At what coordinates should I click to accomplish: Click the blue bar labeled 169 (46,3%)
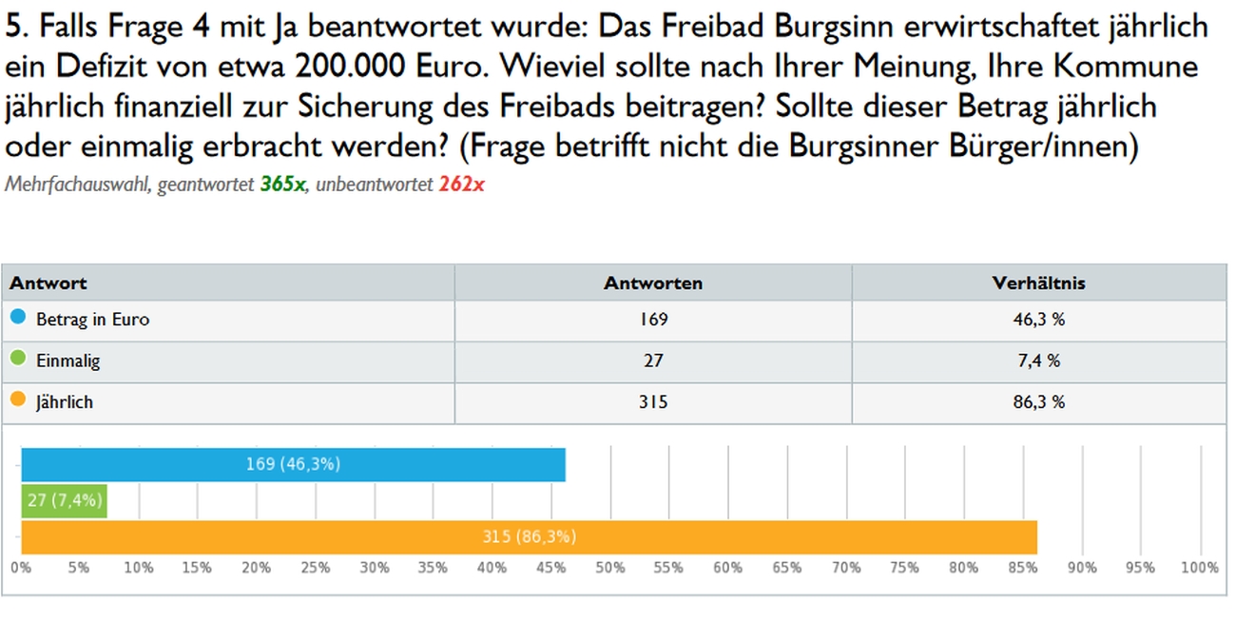point(293,464)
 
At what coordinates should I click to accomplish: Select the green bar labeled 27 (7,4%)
point(64,500)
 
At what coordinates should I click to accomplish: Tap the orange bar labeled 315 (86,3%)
point(529,537)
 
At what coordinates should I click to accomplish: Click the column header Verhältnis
point(1038,283)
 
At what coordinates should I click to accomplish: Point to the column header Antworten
point(653,283)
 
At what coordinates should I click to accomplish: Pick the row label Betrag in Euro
point(92,320)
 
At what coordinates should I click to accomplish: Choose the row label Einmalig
point(68,361)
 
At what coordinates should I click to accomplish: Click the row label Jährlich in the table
point(65,402)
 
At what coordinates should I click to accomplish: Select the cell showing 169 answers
point(653,320)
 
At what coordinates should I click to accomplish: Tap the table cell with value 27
point(653,361)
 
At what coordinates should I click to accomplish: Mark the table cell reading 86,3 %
point(1038,402)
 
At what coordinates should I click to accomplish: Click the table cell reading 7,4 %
point(1038,361)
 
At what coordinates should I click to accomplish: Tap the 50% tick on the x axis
point(610,568)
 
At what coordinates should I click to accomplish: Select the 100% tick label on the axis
point(1199,568)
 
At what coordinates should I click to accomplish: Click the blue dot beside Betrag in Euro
point(18,318)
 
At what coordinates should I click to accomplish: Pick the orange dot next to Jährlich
point(18,400)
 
